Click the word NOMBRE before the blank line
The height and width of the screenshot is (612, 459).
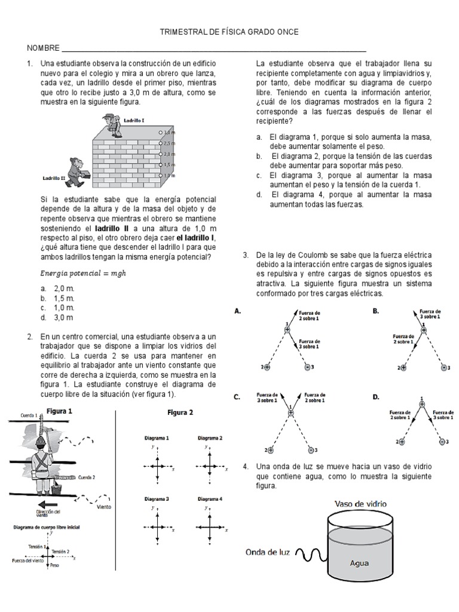point(42,48)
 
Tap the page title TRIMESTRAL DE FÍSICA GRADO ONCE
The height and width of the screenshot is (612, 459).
point(229,32)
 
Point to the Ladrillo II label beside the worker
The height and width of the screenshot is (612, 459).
point(53,178)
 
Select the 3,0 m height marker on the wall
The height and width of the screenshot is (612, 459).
point(169,132)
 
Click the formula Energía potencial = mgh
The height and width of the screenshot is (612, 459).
point(83,273)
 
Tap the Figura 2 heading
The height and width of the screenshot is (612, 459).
point(180,412)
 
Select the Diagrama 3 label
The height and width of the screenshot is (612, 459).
point(157,498)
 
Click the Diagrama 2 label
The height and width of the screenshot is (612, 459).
point(210,438)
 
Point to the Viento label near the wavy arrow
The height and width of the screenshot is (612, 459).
point(105,506)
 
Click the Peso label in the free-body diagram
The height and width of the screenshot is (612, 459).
point(54,565)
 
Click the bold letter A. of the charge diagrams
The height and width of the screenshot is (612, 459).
point(238,311)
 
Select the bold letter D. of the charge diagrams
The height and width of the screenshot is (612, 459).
point(376,396)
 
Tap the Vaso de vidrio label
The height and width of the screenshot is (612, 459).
point(360,504)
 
